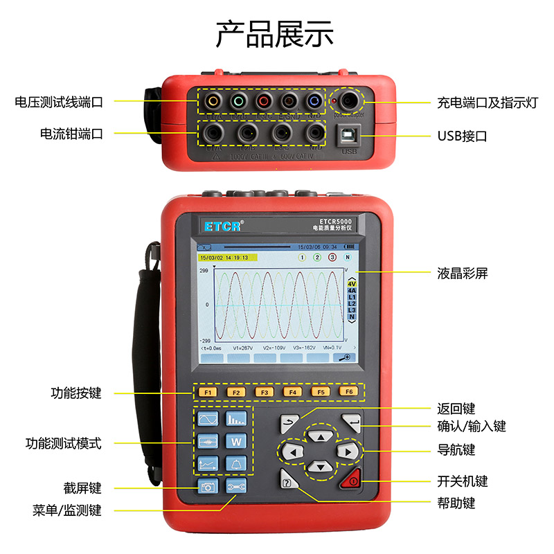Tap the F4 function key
tap(293, 393)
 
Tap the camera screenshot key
tap(208, 487)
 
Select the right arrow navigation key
tap(348, 452)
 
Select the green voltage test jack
tap(238, 101)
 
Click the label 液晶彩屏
tap(462, 273)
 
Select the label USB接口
tap(462, 136)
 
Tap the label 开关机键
tap(462, 481)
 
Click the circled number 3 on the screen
tap(332, 257)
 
